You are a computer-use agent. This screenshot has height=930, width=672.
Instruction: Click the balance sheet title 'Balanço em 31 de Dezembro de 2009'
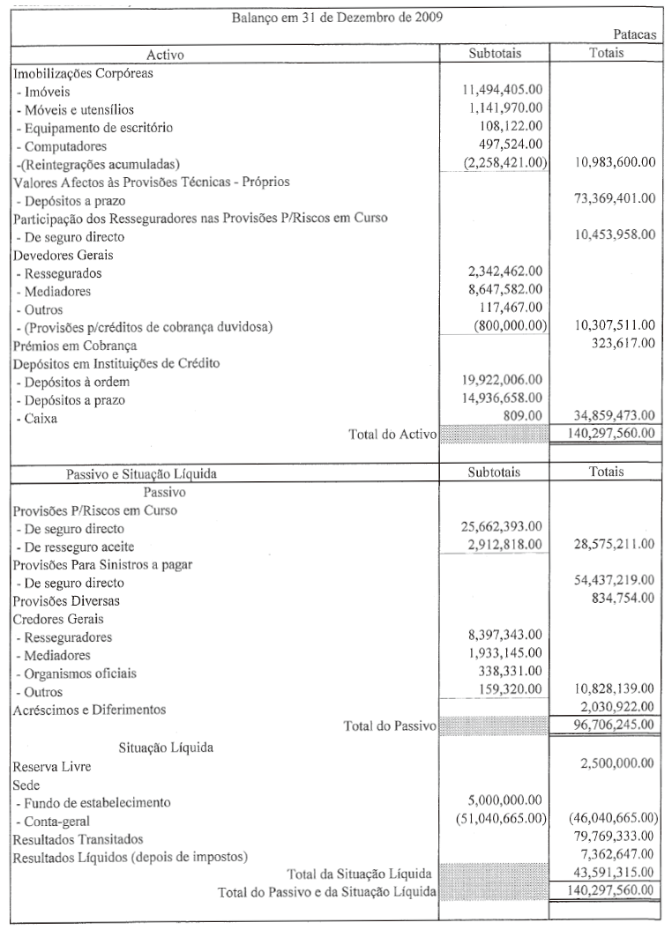[x=337, y=18]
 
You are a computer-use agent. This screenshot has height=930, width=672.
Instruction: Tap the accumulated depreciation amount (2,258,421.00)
[x=504, y=163]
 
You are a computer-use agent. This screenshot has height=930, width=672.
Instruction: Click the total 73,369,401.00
[x=608, y=199]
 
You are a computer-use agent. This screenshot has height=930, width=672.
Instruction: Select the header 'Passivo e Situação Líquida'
[x=141, y=473]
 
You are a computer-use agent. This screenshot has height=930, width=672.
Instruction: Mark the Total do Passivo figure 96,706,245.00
[x=608, y=725]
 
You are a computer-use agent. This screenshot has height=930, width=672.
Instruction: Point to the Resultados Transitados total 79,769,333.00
[x=608, y=837]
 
